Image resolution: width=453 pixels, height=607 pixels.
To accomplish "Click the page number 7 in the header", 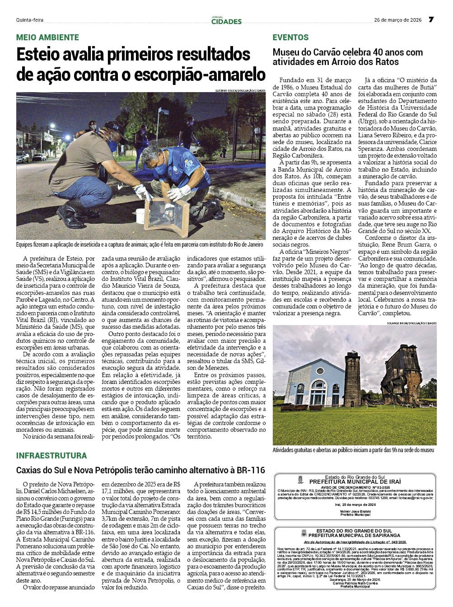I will pos(431,19).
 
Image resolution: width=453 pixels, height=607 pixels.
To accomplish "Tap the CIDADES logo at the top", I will pos(226,21).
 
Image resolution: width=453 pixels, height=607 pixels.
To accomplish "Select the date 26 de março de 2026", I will pos(397,20).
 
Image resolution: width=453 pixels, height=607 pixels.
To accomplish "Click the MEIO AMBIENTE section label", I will pos(47,37).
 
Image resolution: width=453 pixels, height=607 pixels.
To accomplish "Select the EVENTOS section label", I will pos(290,37).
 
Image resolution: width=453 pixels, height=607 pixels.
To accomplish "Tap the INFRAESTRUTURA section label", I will pos(51,455).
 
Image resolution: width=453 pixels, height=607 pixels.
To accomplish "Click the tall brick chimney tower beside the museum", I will pos(352,379).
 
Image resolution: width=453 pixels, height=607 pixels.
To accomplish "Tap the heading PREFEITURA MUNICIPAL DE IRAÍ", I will pos(355,482).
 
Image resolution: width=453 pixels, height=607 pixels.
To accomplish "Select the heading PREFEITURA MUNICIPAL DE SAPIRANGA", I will pos(355,535).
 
